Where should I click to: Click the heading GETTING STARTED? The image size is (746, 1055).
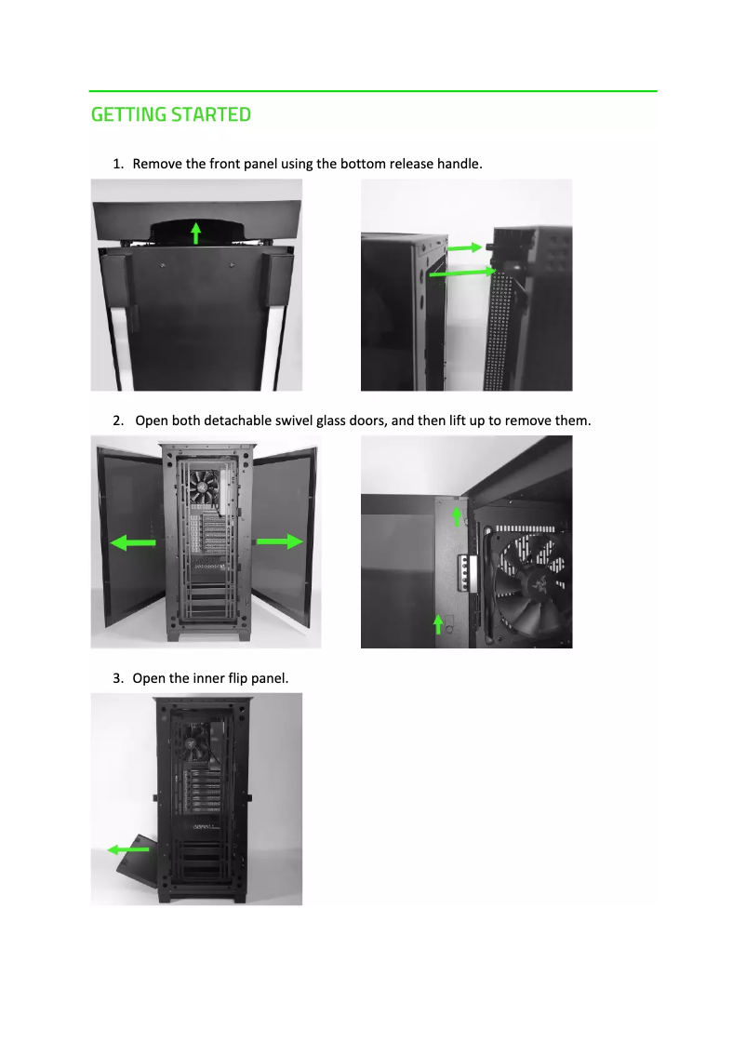tap(171, 114)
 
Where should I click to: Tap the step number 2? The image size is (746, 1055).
tap(117, 421)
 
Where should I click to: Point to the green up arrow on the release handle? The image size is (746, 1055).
tap(195, 232)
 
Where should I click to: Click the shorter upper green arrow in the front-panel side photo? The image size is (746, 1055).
tap(463, 248)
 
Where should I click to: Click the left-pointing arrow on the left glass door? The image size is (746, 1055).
tap(133, 543)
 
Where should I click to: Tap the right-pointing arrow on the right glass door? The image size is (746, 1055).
tap(280, 541)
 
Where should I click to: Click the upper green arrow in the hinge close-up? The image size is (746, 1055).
tap(456, 514)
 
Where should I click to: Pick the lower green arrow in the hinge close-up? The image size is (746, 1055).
tap(437, 622)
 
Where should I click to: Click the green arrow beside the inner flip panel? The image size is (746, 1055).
tap(128, 848)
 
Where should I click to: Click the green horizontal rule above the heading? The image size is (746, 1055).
tap(373, 91)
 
